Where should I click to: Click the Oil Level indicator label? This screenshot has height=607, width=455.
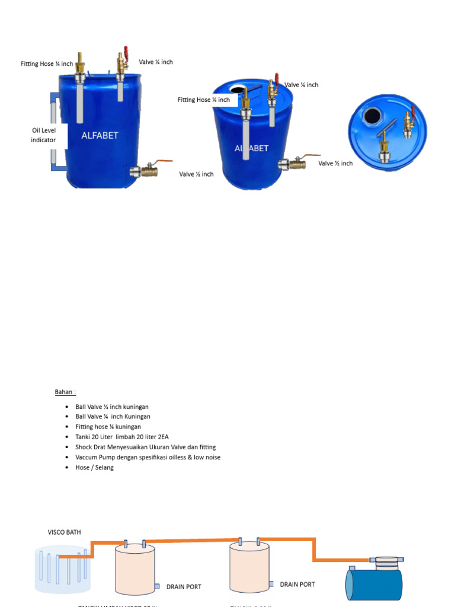click(x=44, y=135)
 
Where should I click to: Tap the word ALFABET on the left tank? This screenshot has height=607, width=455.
click(x=100, y=135)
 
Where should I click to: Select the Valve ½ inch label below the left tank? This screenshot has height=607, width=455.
click(x=196, y=174)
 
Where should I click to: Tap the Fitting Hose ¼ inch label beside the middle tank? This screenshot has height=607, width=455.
click(x=203, y=100)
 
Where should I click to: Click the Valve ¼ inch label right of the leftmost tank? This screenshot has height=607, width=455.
click(x=156, y=62)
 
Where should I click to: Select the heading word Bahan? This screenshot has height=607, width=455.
click(x=65, y=392)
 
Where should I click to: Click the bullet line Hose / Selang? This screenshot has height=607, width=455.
click(x=94, y=467)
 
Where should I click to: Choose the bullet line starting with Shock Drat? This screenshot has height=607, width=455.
click(x=145, y=447)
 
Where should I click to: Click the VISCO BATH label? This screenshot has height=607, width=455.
click(x=64, y=532)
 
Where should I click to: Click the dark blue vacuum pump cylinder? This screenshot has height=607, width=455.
click(x=374, y=583)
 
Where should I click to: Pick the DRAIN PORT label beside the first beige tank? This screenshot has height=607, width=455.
click(x=184, y=587)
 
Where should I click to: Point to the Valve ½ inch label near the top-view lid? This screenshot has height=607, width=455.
click(x=335, y=163)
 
